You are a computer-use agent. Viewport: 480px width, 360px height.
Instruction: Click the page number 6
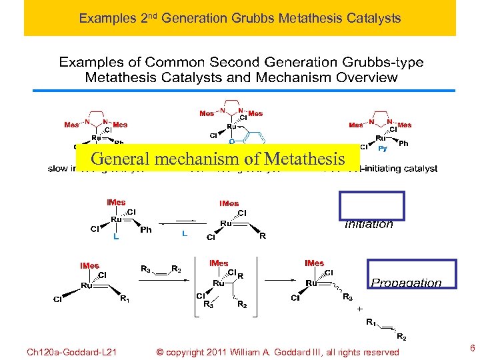coord(472,348)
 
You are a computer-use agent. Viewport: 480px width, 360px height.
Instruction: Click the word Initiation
coord(369,225)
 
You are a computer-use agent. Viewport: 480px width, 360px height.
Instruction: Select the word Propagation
coord(406,283)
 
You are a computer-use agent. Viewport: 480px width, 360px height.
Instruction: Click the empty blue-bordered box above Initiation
coord(371,205)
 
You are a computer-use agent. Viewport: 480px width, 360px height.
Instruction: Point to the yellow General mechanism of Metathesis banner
coord(217,159)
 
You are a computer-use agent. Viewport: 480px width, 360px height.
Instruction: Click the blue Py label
coord(383,149)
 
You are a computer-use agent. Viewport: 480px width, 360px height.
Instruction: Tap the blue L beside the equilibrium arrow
coord(185,234)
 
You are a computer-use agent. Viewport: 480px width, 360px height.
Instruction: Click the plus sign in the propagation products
coord(360,310)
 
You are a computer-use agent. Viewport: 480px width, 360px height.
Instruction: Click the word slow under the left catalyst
coord(58,169)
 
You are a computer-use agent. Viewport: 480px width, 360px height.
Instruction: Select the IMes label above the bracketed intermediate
coord(219,263)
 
